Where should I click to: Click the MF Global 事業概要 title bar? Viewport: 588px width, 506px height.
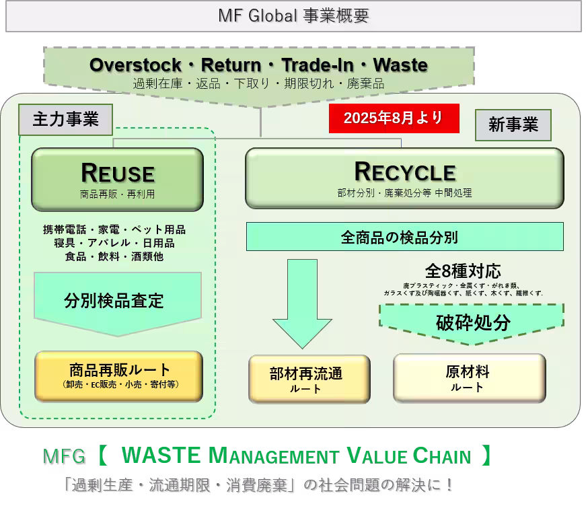(293, 16)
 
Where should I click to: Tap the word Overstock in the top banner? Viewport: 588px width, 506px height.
(135, 65)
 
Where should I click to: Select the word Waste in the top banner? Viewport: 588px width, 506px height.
(400, 65)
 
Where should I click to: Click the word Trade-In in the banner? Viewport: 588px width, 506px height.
(318, 65)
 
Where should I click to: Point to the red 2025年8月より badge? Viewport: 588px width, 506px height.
(394, 118)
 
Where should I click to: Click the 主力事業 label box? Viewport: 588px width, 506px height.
(66, 119)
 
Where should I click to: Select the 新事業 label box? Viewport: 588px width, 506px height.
(513, 125)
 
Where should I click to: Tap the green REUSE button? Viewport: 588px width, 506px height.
(117, 179)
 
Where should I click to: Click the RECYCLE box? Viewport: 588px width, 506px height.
(404, 178)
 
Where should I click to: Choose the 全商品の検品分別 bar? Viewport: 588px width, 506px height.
(404, 237)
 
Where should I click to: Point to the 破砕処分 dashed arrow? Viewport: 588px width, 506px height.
(472, 324)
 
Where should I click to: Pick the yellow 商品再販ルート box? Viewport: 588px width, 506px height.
(119, 376)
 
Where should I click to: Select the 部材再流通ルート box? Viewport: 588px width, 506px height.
(309, 379)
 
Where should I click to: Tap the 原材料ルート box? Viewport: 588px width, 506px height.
(470, 378)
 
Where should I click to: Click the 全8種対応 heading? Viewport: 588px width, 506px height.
(463, 270)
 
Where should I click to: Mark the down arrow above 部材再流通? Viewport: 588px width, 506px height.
(302, 304)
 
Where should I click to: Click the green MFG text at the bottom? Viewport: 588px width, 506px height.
(64, 456)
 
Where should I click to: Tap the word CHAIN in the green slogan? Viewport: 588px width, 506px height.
(442, 456)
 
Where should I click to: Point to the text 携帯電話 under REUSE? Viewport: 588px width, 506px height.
(65, 229)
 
